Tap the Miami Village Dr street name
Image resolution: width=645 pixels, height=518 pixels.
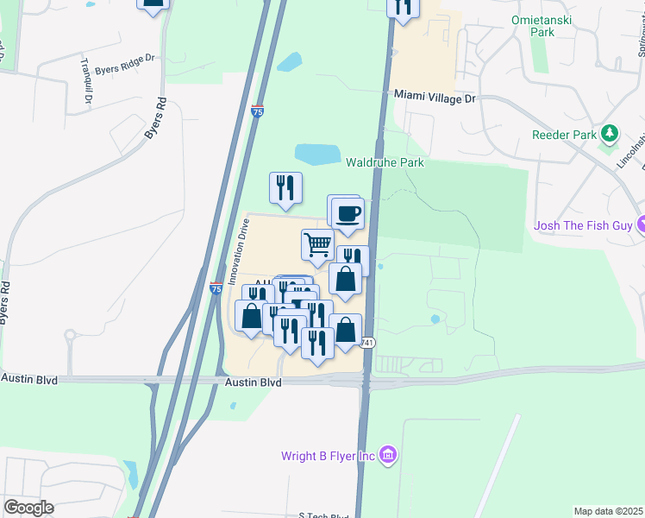(x=435, y=99)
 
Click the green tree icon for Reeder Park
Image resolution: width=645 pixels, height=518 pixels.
(x=611, y=133)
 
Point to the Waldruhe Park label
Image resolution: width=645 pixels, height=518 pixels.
(x=385, y=162)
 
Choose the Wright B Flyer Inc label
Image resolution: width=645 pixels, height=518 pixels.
(x=328, y=456)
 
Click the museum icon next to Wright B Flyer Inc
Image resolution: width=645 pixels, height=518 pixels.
(x=388, y=455)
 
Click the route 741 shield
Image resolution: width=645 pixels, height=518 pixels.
(x=367, y=342)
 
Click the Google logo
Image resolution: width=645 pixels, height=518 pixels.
(x=28, y=508)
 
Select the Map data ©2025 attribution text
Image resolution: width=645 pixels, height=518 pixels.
(x=608, y=511)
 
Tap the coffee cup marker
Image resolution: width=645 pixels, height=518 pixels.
(x=348, y=213)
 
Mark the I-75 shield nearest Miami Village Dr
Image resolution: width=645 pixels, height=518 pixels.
(x=257, y=111)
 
